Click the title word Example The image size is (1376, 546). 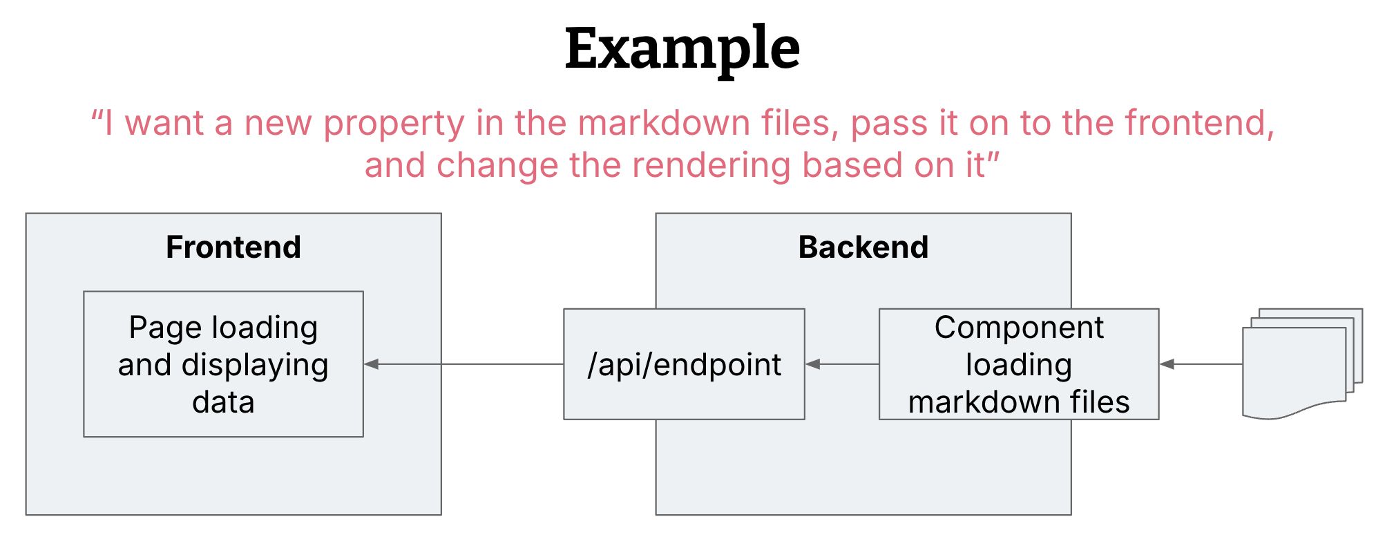[682, 48]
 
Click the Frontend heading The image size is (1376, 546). [233, 247]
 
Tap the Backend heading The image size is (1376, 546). [863, 247]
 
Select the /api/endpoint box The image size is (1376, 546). [684, 364]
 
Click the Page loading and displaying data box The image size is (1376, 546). [223, 364]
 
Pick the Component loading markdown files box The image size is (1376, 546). [1018, 364]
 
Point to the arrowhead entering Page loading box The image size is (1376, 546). [372, 364]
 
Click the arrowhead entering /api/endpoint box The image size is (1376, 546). [813, 364]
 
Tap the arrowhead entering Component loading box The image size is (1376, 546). [1167, 364]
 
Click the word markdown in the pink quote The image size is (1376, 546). [664, 124]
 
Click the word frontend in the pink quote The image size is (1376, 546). [1198, 124]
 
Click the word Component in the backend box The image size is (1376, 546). [1018, 328]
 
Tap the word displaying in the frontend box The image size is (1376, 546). [254, 366]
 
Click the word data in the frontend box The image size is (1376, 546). [223, 402]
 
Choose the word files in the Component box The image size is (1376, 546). [1100, 402]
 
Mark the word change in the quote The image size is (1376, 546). [497, 167]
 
